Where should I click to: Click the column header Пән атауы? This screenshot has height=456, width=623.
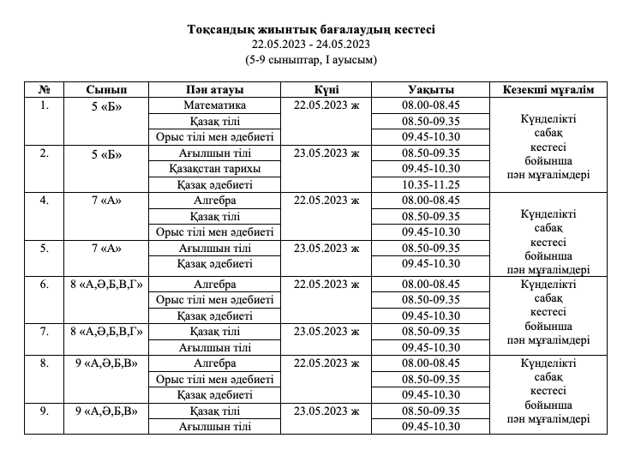(214, 90)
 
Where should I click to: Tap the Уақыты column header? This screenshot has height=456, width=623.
(431, 90)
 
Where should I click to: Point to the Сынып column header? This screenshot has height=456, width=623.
(107, 90)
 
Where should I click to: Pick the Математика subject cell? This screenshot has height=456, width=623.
(214, 105)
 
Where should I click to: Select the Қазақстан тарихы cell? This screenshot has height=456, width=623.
(214, 168)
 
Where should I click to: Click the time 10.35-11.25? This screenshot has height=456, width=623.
(431, 184)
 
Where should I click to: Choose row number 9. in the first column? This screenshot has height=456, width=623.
(45, 411)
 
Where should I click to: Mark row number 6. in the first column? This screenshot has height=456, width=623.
(45, 284)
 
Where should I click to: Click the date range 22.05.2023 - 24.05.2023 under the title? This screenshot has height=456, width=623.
(311, 44)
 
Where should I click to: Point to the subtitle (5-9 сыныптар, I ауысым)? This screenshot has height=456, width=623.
(311, 59)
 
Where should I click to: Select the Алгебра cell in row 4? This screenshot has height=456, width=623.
(214, 201)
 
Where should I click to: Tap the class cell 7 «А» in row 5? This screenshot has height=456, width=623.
(107, 248)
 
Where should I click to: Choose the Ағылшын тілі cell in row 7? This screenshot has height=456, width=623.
(214, 347)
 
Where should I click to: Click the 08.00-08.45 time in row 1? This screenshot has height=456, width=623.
(431, 105)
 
